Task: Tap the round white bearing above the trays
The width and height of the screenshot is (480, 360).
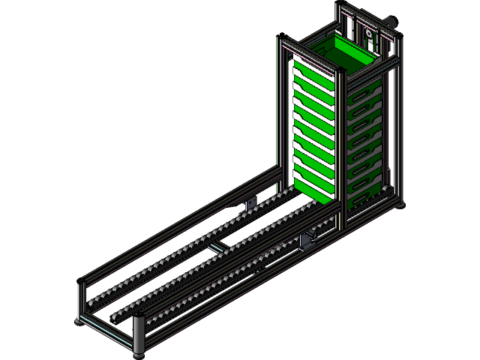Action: (368, 35)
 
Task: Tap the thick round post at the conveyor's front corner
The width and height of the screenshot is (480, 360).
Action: (139, 334)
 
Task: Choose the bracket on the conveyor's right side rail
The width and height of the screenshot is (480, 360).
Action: (307, 241)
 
